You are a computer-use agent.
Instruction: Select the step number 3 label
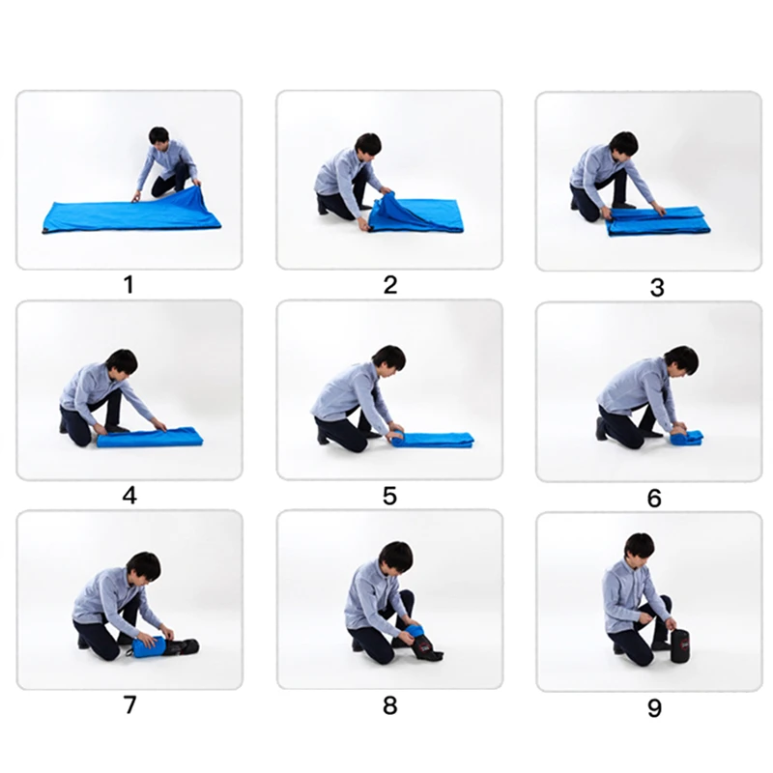(657, 288)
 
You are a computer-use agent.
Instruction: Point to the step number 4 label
(129, 496)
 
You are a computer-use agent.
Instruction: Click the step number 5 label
(389, 496)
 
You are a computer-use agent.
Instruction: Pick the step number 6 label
(654, 499)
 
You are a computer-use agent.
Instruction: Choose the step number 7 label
(129, 704)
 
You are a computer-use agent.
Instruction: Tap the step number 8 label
(389, 704)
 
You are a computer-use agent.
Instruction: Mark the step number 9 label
(654, 708)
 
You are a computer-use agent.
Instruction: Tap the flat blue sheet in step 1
(126, 215)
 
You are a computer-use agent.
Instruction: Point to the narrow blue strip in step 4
(150, 437)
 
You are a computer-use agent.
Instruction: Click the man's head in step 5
(388, 358)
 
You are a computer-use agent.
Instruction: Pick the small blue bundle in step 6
(686, 437)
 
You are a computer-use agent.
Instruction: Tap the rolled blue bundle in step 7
(150, 645)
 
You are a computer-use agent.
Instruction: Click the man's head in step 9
(639, 546)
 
